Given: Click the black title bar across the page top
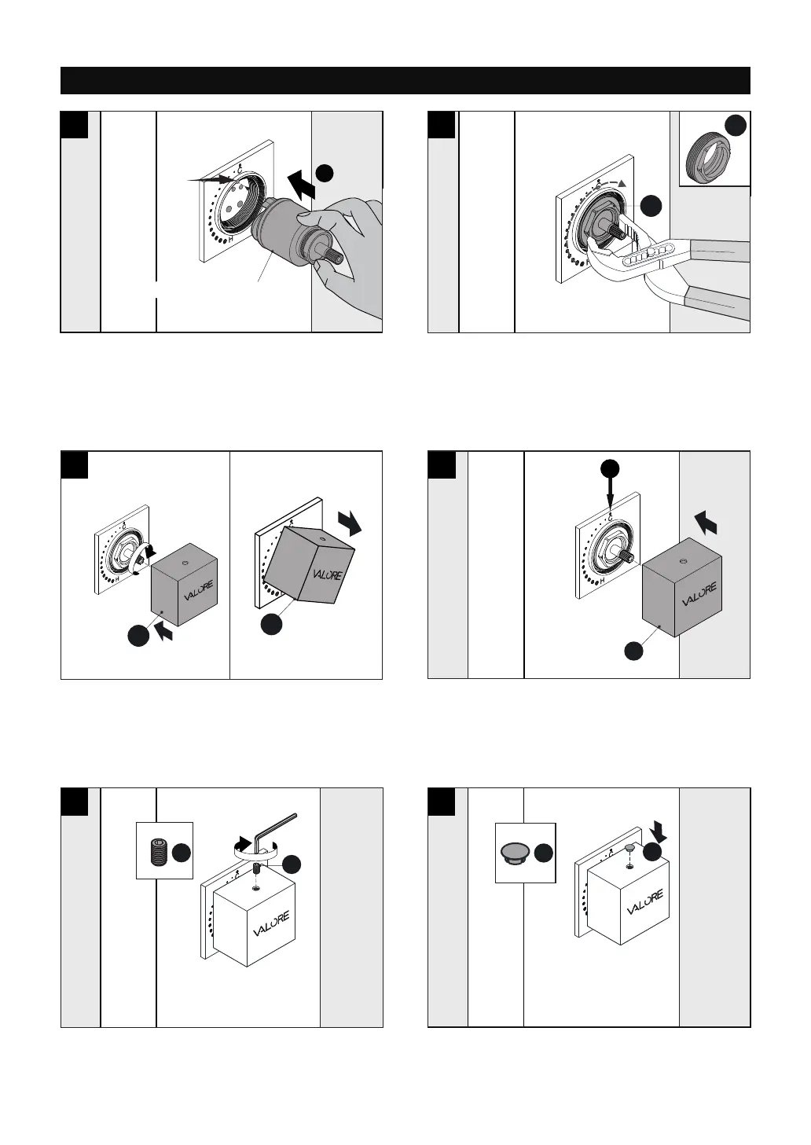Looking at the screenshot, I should click(405, 80).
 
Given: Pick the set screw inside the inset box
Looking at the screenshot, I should click(158, 851).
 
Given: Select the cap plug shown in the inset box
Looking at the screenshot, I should click(516, 853).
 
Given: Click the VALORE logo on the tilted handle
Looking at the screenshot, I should click(328, 574).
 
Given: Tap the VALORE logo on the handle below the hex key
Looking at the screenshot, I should click(270, 924).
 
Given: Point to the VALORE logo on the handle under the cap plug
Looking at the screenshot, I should click(645, 902).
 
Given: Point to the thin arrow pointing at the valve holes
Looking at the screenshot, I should click(212, 180).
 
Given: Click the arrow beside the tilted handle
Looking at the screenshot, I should click(349, 522).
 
